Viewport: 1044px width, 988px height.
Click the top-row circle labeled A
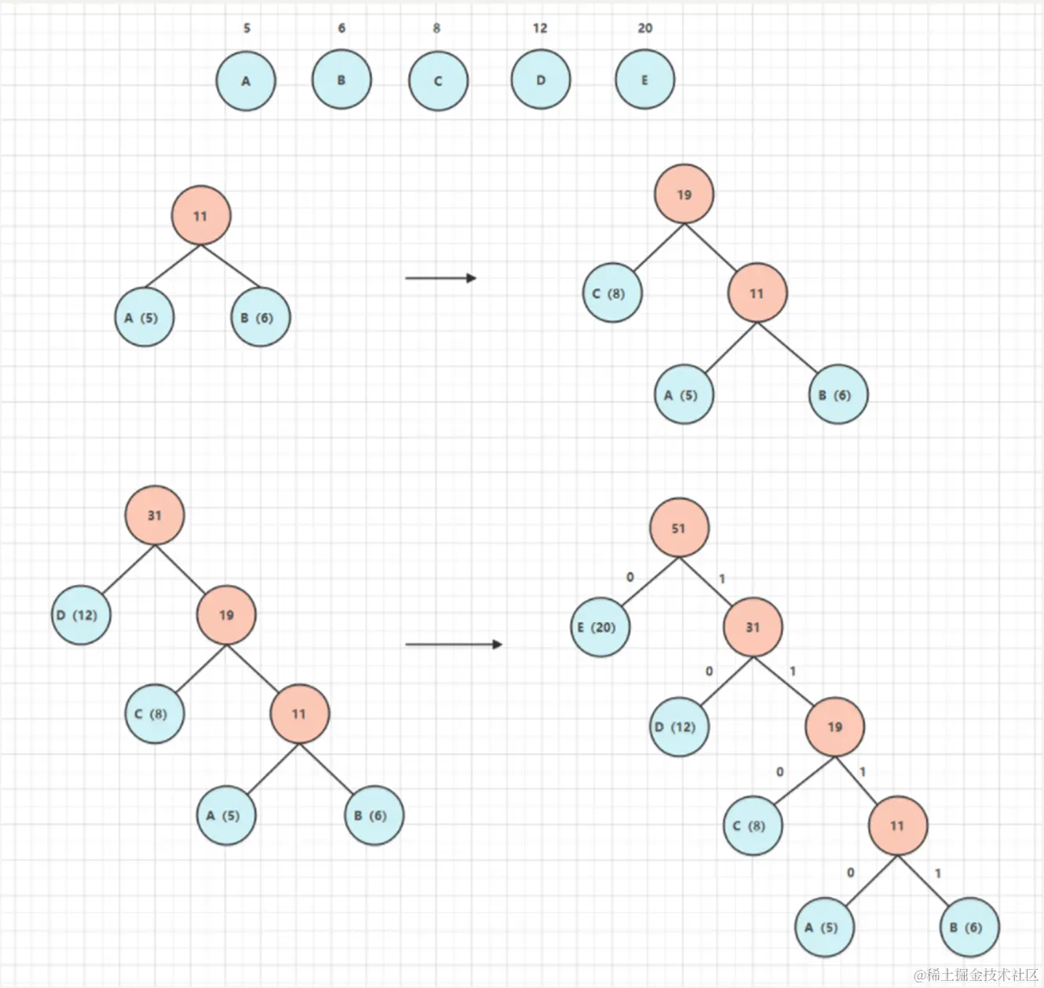click(246, 81)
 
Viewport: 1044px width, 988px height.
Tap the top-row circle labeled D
click(540, 80)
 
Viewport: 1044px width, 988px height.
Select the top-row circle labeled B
click(341, 80)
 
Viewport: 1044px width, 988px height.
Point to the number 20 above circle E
click(644, 28)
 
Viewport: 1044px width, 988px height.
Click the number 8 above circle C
click(436, 28)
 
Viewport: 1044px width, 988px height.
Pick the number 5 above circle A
click(246, 28)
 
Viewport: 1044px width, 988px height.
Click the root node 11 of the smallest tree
click(201, 216)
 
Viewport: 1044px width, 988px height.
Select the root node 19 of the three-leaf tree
click(684, 195)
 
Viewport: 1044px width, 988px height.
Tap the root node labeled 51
click(679, 528)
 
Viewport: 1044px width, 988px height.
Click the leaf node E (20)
click(600, 627)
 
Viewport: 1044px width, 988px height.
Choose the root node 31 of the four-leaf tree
click(155, 515)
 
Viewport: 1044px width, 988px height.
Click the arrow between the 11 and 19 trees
click(440, 278)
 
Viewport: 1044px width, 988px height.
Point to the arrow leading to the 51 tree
click(453, 645)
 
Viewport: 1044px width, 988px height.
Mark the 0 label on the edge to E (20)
click(630, 577)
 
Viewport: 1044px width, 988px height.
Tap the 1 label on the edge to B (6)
click(937, 873)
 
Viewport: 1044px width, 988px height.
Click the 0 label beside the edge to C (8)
click(779, 772)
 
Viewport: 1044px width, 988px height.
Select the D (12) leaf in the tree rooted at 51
click(679, 727)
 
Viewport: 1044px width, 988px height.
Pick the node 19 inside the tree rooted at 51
click(834, 727)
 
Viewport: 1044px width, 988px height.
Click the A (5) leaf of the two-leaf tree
click(144, 318)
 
